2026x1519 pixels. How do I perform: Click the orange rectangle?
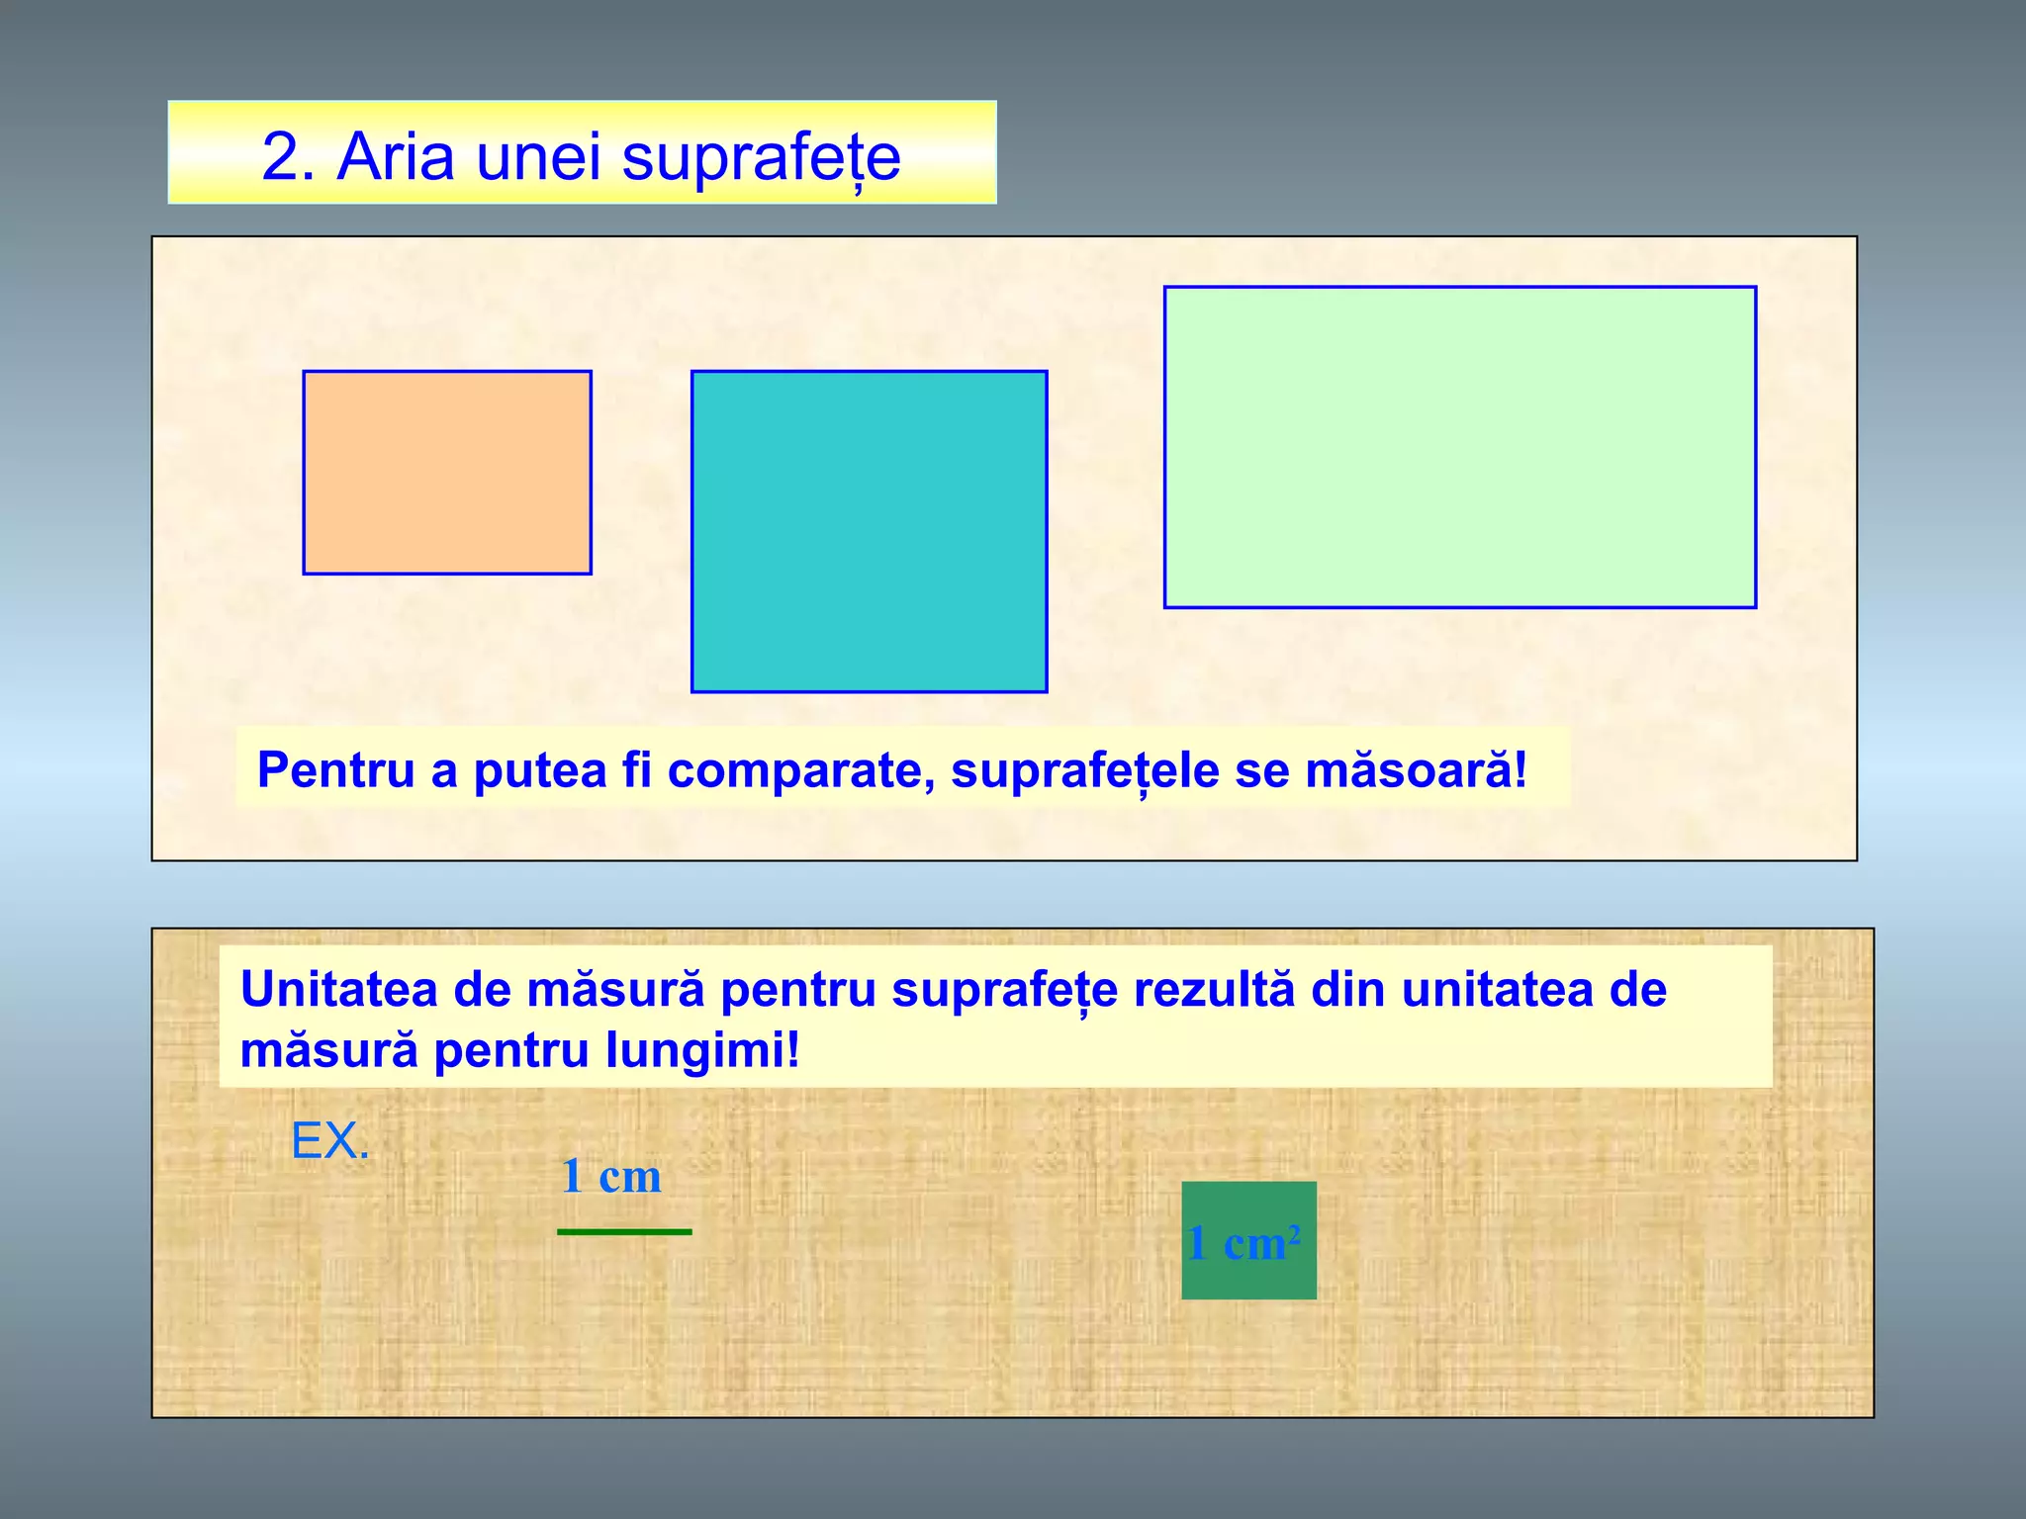click(447, 473)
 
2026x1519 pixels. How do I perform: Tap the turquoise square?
click(869, 531)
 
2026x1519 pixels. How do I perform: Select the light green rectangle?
click(1459, 447)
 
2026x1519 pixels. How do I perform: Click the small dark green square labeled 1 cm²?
click(1248, 1240)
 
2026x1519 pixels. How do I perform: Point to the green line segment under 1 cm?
click(624, 1231)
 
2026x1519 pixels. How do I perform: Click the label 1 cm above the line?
click(611, 1176)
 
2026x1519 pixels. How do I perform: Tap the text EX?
click(330, 1141)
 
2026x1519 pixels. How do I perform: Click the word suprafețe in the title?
click(761, 158)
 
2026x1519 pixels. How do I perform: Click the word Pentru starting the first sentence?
click(335, 769)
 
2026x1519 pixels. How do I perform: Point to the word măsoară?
click(1416, 769)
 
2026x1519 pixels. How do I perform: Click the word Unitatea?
click(338, 989)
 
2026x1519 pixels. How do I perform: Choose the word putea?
click(539, 771)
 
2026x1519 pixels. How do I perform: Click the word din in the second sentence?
click(1348, 989)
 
